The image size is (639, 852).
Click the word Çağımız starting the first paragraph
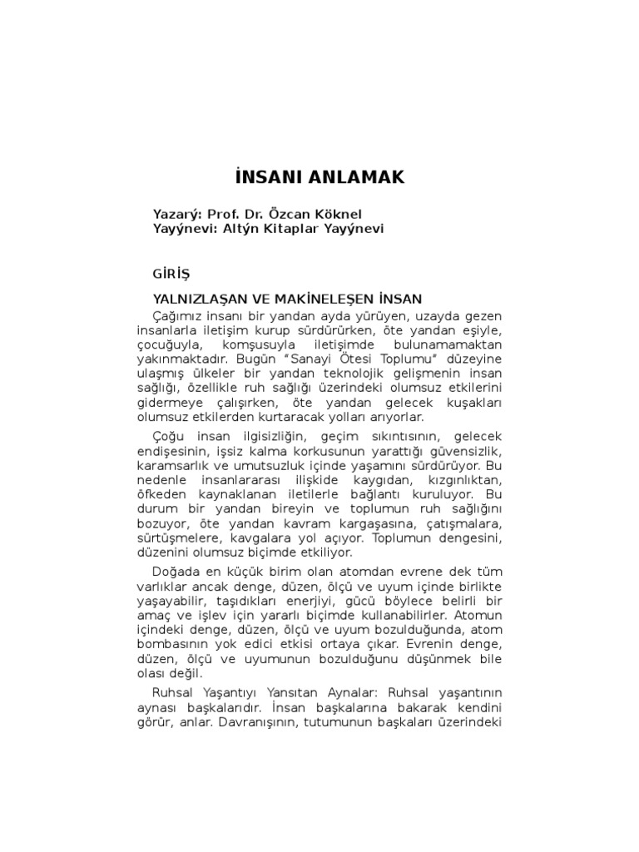176,316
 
